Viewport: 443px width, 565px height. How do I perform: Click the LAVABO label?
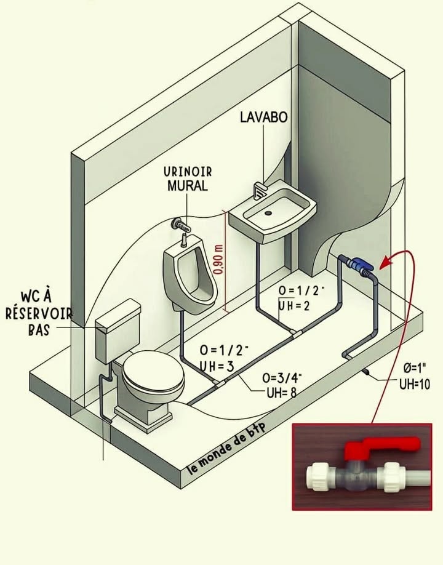(263, 117)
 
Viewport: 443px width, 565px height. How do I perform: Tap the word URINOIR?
(188, 172)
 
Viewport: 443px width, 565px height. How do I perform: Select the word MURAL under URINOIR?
(188, 186)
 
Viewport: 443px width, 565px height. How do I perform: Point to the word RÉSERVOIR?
(39, 313)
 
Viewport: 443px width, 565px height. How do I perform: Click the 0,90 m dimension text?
(218, 260)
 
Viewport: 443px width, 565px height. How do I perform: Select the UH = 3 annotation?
(217, 366)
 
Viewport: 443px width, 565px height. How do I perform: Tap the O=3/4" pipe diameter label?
(282, 378)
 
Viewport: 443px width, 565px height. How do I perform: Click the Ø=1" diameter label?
(415, 368)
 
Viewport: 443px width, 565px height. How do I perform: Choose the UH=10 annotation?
(415, 384)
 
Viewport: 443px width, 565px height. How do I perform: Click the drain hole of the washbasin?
(268, 213)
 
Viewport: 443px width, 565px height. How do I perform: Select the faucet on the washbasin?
(260, 191)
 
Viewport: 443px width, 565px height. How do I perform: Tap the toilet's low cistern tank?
(118, 331)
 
